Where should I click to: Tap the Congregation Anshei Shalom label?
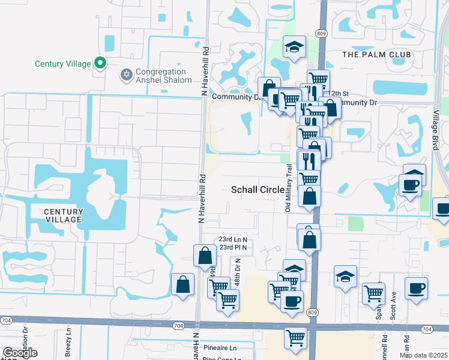(x=163, y=76)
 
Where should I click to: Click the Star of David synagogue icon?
(x=126, y=75)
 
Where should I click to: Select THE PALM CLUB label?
(x=376, y=55)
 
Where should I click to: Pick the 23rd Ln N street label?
(x=234, y=239)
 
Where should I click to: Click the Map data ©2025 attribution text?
(x=423, y=355)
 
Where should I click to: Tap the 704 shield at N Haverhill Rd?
(x=195, y=325)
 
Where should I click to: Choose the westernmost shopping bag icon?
(x=182, y=284)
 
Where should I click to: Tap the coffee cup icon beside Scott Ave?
(x=416, y=287)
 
